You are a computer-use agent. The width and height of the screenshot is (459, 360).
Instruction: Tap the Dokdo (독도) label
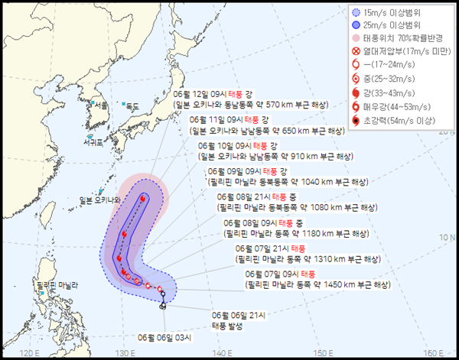[133, 105]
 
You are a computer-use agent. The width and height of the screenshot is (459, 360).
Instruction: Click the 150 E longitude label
[320, 352]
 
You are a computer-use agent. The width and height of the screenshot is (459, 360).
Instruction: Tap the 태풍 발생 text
[229, 326]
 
